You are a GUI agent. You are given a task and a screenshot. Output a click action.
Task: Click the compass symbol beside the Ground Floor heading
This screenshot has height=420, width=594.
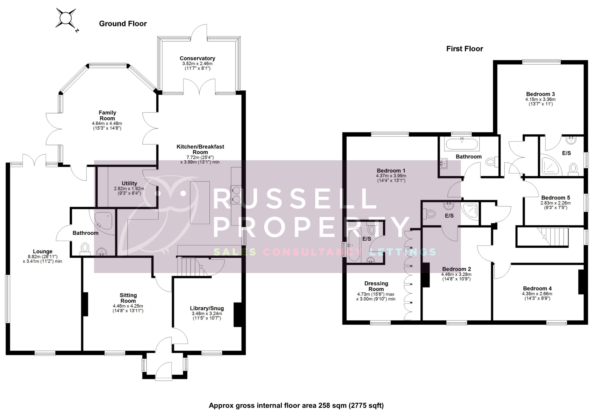pyautogui.click(x=66, y=18)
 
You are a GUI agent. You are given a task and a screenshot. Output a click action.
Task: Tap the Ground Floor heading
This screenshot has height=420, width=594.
pyautogui.click(x=123, y=24)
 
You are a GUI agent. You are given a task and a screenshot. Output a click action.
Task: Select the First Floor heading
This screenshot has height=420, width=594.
pyautogui.click(x=464, y=49)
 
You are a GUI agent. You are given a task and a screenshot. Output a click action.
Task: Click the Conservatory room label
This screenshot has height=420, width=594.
pyautogui.click(x=197, y=58)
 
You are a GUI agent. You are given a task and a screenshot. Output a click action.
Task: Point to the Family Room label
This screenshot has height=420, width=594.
pyautogui.click(x=107, y=115)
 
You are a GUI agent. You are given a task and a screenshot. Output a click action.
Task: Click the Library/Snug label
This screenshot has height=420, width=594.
pyautogui.click(x=207, y=308)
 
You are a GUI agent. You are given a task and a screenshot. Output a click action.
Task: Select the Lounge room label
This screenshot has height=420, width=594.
pyautogui.click(x=43, y=251)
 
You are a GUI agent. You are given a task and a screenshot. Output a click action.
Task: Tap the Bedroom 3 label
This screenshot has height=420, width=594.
pyautogui.click(x=540, y=94)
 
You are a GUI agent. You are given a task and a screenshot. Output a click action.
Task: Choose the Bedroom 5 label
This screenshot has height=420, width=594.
pyautogui.click(x=555, y=198)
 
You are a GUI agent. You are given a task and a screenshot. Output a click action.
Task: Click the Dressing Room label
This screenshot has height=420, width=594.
pyautogui.click(x=376, y=286)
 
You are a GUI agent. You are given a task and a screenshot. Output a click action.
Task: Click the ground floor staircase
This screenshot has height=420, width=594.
pyautogui.click(x=193, y=267)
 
